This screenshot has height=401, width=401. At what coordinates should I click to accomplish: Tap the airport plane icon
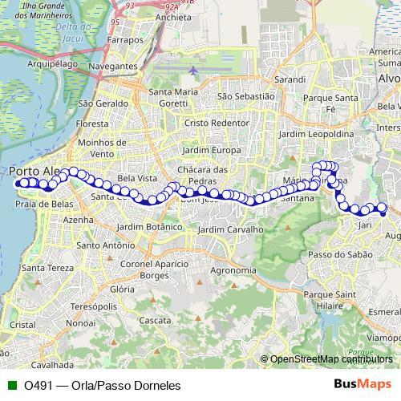[x=194, y=71]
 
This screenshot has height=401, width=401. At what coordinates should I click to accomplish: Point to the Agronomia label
[x=233, y=270]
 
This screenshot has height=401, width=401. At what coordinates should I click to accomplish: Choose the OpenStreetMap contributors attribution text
[x=330, y=359]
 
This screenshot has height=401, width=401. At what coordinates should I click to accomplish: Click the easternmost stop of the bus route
[x=383, y=212]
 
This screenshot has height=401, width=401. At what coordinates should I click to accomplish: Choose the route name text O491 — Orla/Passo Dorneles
[x=102, y=385]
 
